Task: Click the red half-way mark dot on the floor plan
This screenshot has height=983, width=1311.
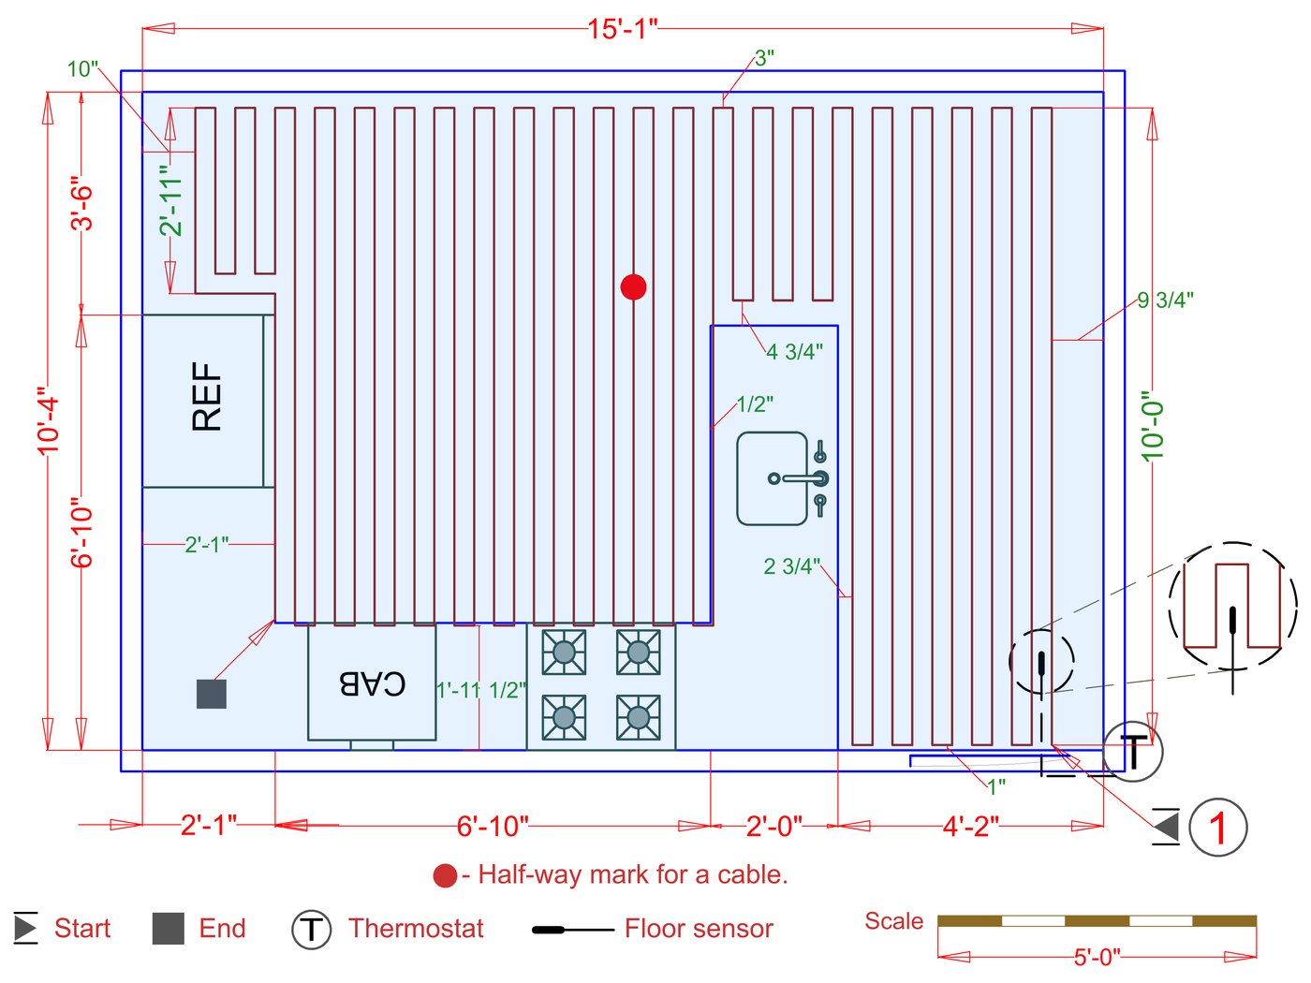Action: click(633, 287)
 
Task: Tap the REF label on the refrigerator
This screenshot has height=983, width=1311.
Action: click(207, 397)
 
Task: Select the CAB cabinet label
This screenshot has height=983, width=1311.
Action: click(372, 683)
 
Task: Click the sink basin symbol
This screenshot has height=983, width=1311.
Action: click(773, 478)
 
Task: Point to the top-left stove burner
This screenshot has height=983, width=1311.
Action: click(564, 652)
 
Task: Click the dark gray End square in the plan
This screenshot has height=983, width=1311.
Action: click(212, 694)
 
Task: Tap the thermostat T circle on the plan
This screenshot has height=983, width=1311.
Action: click(1133, 751)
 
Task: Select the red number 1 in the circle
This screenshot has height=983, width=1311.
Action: click(1217, 828)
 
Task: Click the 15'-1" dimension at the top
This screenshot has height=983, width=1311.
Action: click(623, 29)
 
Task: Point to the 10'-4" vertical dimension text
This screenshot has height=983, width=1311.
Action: click(49, 421)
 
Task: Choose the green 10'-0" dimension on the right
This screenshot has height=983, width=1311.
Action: click(1153, 426)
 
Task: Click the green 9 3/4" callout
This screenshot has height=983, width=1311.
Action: click(1165, 301)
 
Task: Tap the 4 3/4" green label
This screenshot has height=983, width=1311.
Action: click(794, 352)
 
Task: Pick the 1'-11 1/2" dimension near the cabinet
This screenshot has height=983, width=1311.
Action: click(481, 691)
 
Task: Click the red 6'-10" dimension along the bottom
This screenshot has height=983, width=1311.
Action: click(493, 827)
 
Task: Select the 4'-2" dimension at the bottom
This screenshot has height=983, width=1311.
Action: click(971, 827)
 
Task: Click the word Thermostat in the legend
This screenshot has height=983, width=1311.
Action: click(416, 929)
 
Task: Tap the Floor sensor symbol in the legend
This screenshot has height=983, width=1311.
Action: click(571, 930)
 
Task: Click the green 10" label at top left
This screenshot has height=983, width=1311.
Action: click(82, 69)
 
